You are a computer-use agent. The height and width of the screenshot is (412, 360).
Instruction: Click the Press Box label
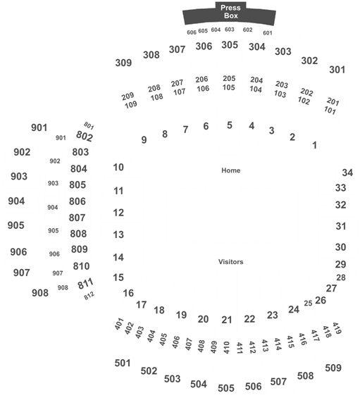(x=230, y=12)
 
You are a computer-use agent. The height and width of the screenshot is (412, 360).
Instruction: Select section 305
(x=230, y=45)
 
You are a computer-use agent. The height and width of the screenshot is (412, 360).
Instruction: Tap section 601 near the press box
(x=268, y=33)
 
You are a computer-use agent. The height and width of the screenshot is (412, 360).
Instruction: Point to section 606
(x=192, y=32)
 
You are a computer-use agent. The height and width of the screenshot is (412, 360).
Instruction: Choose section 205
(x=229, y=78)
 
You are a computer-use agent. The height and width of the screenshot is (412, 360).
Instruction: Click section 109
(x=131, y=105)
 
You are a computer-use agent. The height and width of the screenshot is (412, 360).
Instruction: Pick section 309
(x=123, y=63)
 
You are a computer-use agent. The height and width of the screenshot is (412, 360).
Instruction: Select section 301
(x=337, y=70)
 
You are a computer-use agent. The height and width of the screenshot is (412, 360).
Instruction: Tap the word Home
(x=230, y=170)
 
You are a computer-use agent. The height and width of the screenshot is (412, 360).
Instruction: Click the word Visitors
(x=230, y=262)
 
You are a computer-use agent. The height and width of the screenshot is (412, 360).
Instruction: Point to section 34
(x=347, y=173)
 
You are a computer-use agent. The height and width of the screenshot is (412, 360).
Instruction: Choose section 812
(x=89, y=296)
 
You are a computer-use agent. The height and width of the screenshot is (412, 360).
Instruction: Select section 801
(x=89, y=125)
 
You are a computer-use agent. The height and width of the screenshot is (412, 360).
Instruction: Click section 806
(x=77, y=201)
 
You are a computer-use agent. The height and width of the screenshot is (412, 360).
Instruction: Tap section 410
(x=226, y=348)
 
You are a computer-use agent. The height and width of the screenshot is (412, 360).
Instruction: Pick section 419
(x=337, y=328)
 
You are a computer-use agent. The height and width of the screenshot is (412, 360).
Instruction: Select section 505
(x=226, y=388)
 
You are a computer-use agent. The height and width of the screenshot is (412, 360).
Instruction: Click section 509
(x=333, y=368)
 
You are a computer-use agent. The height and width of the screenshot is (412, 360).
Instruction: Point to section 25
(x=308, y=304)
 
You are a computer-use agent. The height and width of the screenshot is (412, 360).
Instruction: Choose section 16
(x=128, y=293)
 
